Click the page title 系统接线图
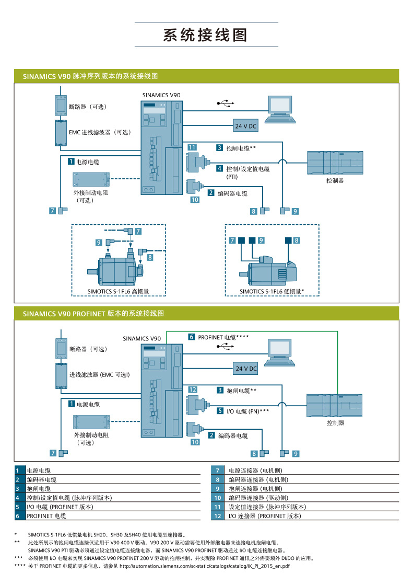click(x=205, y=35)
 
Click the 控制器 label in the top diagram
click(x=335, y=180)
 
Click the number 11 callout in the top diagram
click(x=192, y=148)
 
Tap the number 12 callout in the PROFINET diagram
click(x=192, y=390)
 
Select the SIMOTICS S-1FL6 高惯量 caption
click(x=119, y=291)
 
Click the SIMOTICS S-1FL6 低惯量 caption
click(x=272, y=291)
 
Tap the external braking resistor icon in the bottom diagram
click(x=91, y=421)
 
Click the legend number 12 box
click(x=218, y=516)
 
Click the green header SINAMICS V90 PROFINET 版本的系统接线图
click(x=93, y=314)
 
